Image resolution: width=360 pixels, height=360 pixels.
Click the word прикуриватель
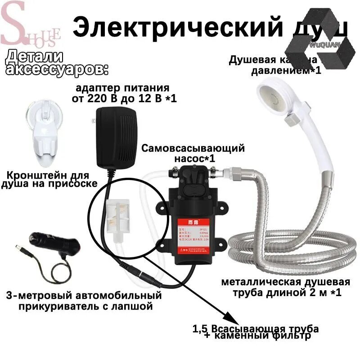[x=65, y=307]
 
